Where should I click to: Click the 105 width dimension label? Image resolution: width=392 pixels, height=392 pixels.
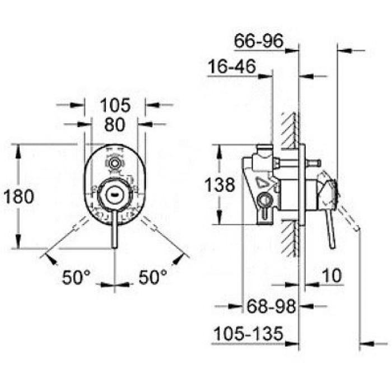(x=115, y=105)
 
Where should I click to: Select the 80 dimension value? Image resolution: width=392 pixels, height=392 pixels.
(x=115, y=124)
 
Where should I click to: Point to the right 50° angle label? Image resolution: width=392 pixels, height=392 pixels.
(x=152, y=276)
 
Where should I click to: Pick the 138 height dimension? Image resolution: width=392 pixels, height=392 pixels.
(x=218, y=185)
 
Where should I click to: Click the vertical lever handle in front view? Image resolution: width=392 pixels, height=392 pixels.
(x=115, y=230)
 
